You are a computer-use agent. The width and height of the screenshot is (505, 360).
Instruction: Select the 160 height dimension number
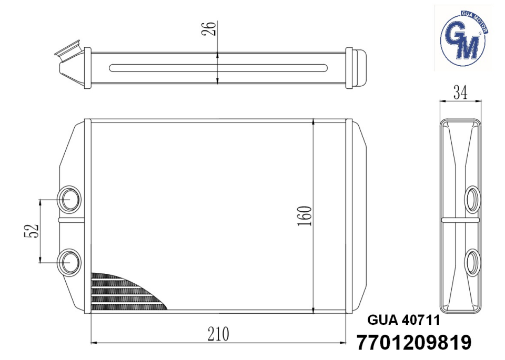(x=305, y=216)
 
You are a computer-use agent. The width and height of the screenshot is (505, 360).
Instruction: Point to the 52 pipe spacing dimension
(x=32, y=231)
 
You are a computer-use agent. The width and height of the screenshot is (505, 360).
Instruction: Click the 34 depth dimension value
(x=460, y=92)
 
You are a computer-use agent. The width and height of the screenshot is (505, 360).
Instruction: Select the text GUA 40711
(x=403, y=320)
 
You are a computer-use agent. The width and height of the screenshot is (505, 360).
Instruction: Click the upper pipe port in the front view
(x=69, y=200)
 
